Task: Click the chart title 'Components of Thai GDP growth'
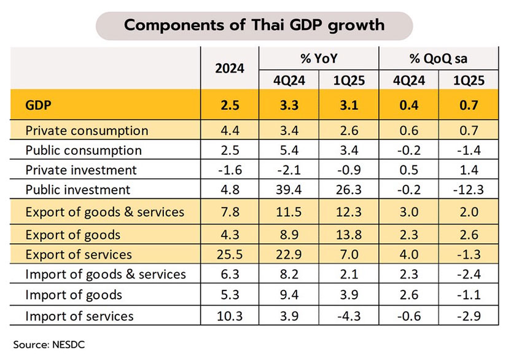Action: click(254, 26)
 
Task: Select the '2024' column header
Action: click(230, 68)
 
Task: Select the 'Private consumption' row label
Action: click(87, 130)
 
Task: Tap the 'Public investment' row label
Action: click(77, 189)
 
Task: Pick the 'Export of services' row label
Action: click(78, 253)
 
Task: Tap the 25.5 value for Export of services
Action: click(230, 253)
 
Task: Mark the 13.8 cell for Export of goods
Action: click(348, 234)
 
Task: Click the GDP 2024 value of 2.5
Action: click(230, 105)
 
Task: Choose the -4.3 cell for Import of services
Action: click(348, 316)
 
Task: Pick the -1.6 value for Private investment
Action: click(230, 170)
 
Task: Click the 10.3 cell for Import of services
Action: click(230, 316)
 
